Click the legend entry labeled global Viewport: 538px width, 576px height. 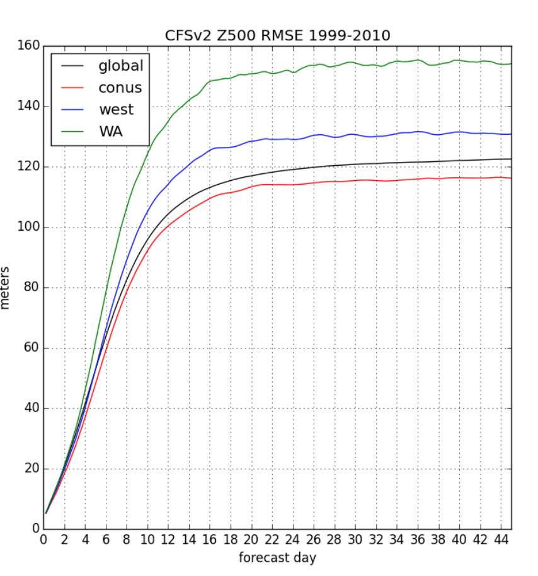point(120,66)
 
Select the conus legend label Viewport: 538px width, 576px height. point(120,88)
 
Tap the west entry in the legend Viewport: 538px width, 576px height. point(116,110)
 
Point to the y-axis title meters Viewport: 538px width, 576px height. point(6,287)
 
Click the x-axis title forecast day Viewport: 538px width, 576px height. point(277,558)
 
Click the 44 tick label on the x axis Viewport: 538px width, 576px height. point(501,540)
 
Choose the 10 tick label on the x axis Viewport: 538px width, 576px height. point(147,540)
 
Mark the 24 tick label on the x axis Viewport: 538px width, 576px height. point(292,540)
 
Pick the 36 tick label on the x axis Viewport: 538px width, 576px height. point(418,540)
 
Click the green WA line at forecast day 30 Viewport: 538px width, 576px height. point(355,62)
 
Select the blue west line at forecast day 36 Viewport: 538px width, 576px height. point(418,132)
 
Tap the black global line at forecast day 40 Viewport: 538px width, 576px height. point(459,160)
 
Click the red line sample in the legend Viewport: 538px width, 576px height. point(72,88)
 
